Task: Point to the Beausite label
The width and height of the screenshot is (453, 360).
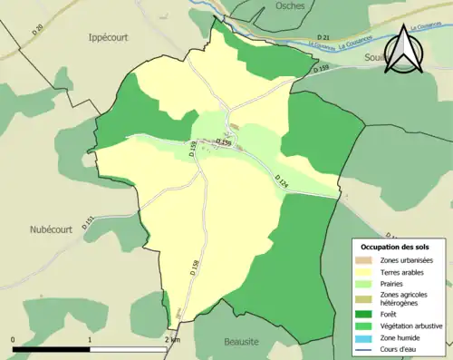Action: [243, 342]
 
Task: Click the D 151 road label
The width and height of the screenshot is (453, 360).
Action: [89, 220]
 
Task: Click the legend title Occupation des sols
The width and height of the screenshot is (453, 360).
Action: [397, 248]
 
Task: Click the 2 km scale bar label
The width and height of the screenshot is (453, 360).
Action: [172, 339]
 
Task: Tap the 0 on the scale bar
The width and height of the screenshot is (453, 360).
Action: [14, 339]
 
